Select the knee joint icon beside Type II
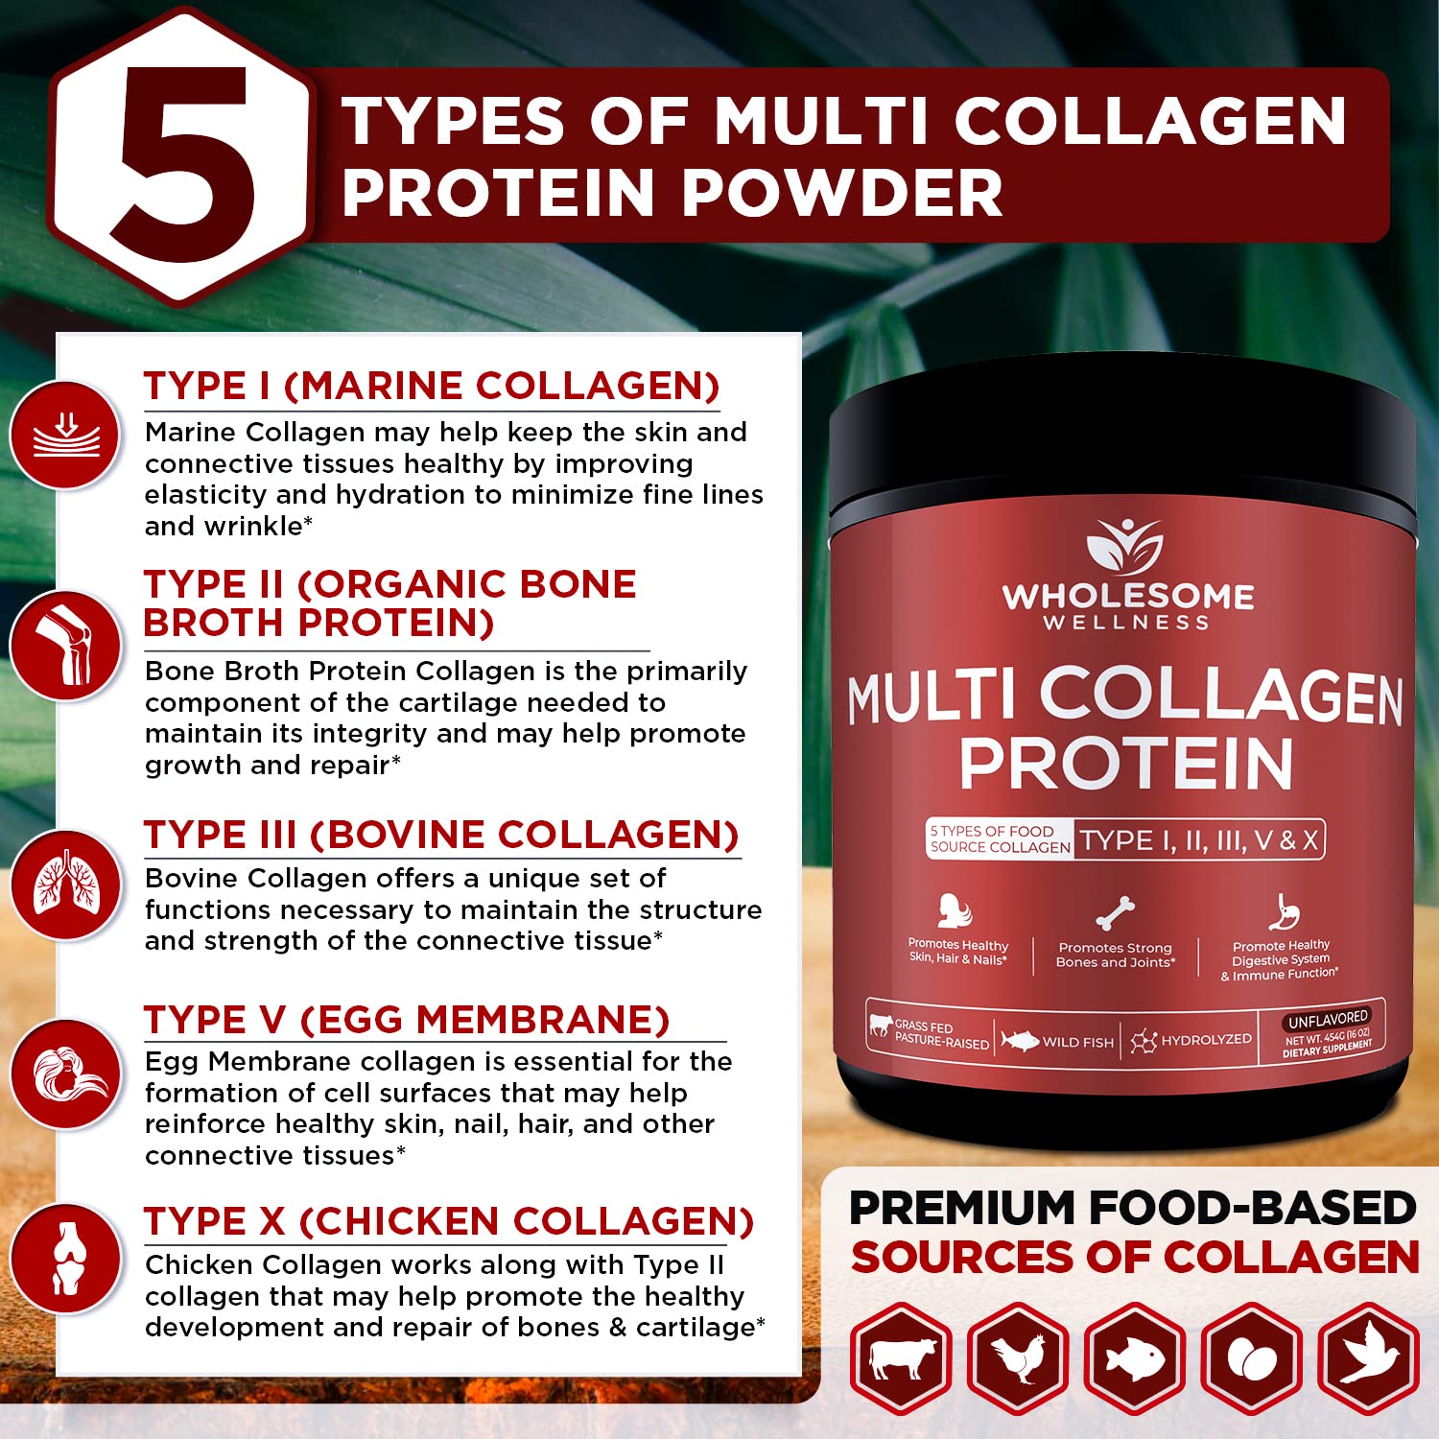pos(65,646)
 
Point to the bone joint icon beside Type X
pos(65,1258)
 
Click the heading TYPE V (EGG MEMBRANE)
pos(407,1020)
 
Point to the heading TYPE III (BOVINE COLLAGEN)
pos(441,835)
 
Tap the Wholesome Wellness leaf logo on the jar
pos(1124,548)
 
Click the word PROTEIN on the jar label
pos(1126,765)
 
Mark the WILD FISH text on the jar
pos(1077,1042)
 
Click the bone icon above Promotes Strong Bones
pos(1116,913)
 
